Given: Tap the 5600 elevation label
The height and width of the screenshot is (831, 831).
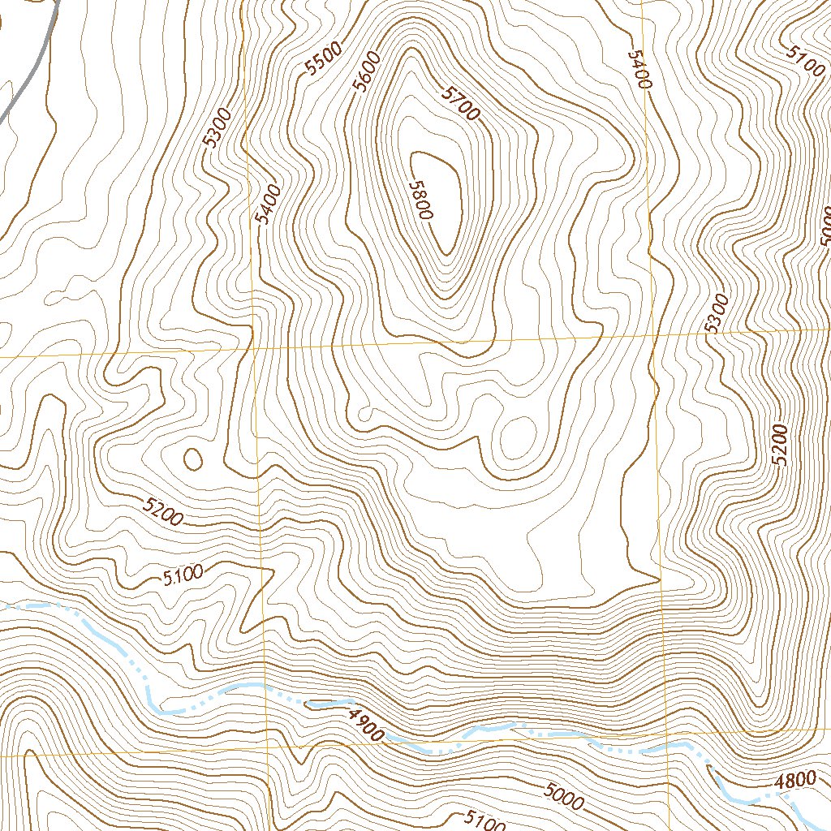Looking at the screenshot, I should (367, 74).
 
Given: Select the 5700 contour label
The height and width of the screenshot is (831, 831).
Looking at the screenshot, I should (460, 103).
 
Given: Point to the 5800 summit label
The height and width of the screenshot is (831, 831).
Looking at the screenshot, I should (421, 200).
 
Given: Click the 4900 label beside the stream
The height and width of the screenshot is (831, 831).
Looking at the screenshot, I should (364, 724).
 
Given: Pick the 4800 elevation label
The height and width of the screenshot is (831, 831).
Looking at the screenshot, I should (794, 781).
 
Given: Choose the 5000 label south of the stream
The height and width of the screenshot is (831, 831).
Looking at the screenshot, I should (564, 795).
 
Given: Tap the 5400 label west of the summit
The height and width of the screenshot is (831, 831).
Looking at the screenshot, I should (267, 205).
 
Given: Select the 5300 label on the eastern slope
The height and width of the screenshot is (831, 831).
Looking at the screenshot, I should (717, 314).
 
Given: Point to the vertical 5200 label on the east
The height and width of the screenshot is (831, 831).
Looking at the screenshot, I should (781, 445).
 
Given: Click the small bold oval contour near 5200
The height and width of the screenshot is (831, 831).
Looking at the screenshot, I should (193, 459).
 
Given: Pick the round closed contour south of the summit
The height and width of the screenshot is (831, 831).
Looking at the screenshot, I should (516, 436).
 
